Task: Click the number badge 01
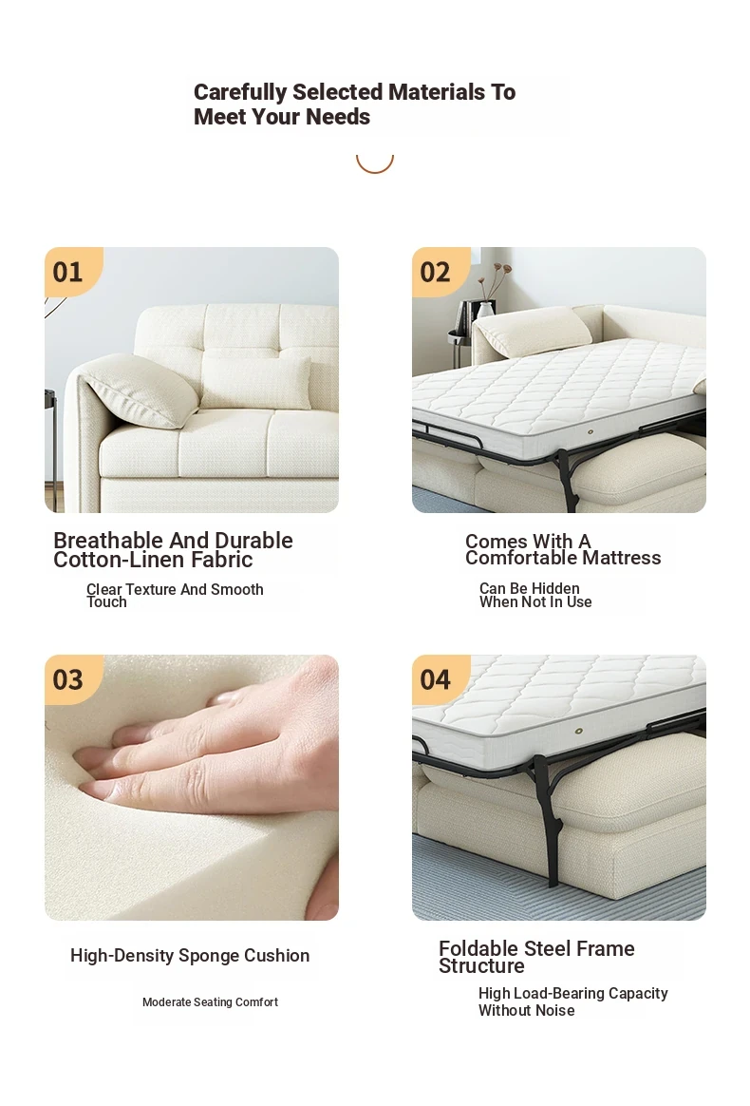click(67, 273)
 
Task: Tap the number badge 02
click(435, 273)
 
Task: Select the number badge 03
click(67, 680)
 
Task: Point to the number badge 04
click(435, 680)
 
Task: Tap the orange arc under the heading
click(374, 166)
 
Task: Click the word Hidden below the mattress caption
click(554, 588)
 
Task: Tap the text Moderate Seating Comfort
click(210, 1002)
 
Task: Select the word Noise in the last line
click(554, 1011)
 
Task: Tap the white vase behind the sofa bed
click(486, 310)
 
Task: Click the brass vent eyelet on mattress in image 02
click(590, 431)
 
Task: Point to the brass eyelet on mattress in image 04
click(579, 732)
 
